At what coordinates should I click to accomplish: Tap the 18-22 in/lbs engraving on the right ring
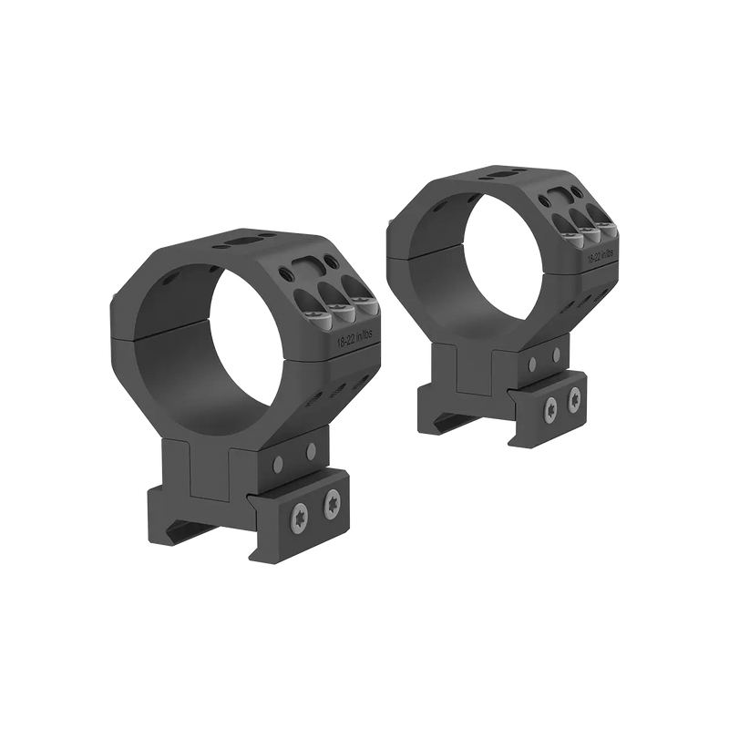click(602, 259)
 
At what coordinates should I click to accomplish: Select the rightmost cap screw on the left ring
click(367, 303)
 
